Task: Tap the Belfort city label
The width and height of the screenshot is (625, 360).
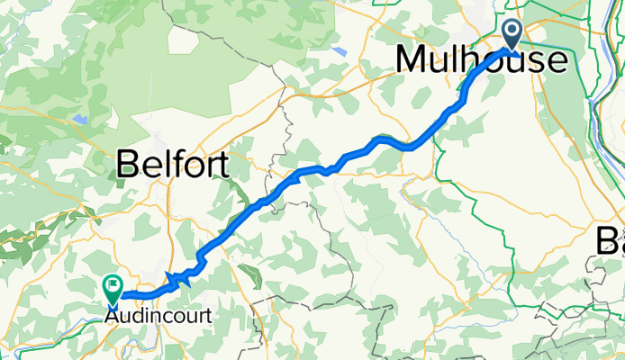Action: [172, 165]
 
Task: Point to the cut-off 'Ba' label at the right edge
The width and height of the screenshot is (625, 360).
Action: [610, 240]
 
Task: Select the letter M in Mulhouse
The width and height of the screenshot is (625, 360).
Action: [410, 60]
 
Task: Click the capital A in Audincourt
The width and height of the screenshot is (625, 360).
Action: [112, 317]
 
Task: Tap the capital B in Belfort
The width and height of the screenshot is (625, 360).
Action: [129, 166]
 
